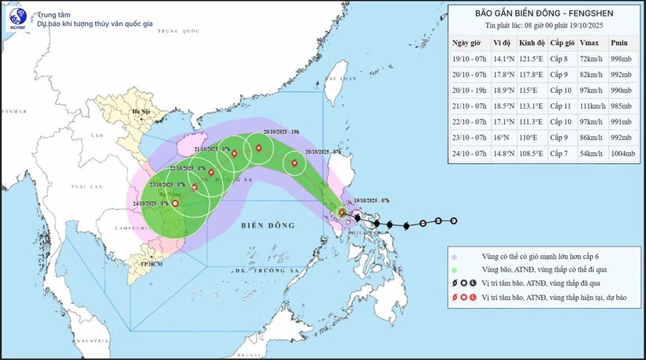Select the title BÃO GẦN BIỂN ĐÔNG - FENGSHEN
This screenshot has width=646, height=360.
click(x=543, y=13)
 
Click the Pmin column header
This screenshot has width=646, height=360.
click(x=620, y=43)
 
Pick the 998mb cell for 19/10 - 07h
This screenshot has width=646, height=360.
click(x=622, y=59)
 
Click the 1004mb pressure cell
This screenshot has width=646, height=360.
click(x=622, y=153)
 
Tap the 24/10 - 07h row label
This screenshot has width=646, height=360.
click(x=466, y=153)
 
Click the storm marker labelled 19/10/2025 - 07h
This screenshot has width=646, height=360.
click(x=342, y=212)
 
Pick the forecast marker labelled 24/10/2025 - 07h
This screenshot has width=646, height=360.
click(x=174, y=203)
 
